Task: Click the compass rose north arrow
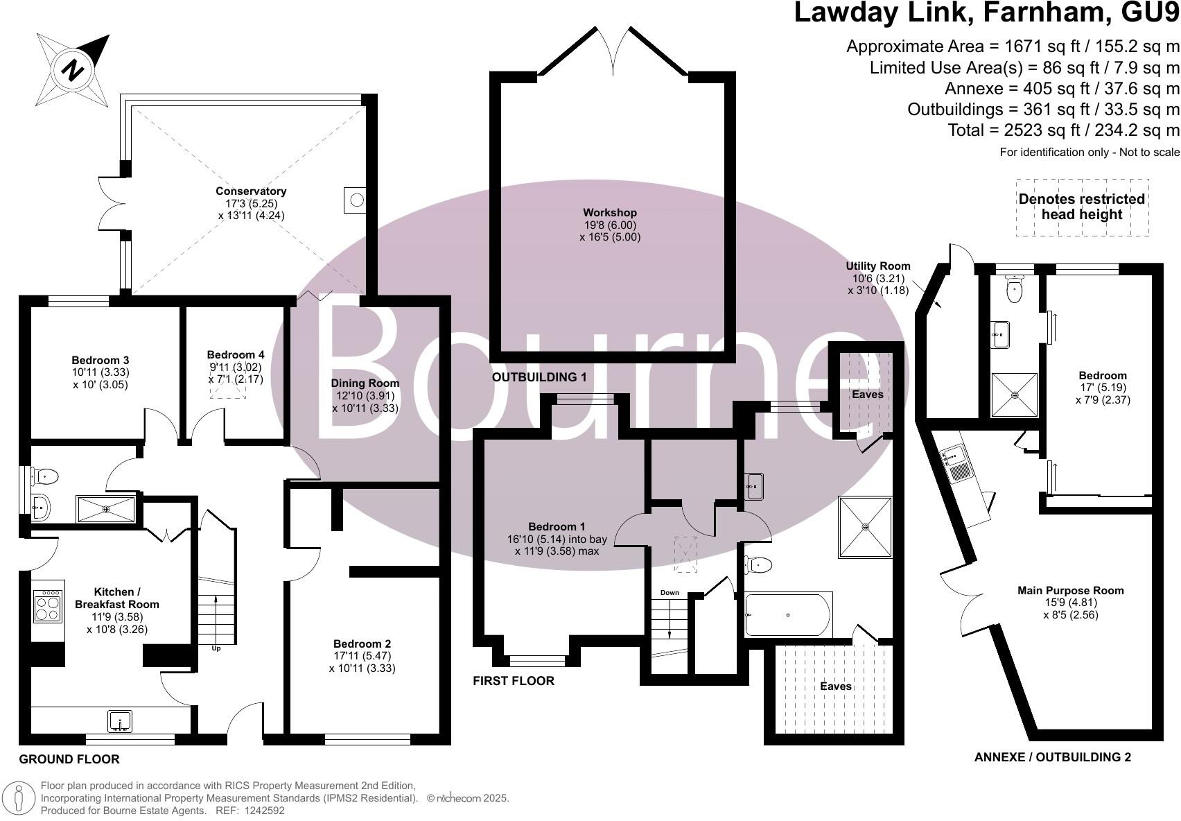[x=72, y=69]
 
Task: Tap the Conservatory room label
[x=251, y=191]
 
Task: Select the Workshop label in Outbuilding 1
[x=610, y=213]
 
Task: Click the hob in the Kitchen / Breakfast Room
[x=48, y=605]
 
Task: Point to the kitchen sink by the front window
[x=120, y=721]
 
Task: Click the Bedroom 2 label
[x=362, y=643]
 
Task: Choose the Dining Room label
[x=365, y=383]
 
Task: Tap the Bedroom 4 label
[x=236, y=355]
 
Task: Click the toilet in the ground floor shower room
[x=46, y=476]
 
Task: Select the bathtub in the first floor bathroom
[x=787, y=614]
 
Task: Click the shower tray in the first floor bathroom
[x=865, y=526]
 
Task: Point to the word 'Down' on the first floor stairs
[x=670, y=593]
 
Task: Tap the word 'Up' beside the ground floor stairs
[x=216, y=648]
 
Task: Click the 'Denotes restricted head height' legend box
[x=1081, y=207]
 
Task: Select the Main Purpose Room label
[x=1070, y=591]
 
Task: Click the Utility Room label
[x=877, y=266]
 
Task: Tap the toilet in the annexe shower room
[x=1014, y=290]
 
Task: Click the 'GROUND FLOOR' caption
[x=69, y=759]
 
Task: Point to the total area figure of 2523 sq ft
[x=1063, y=130]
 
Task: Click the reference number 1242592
[x=261, y=810]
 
